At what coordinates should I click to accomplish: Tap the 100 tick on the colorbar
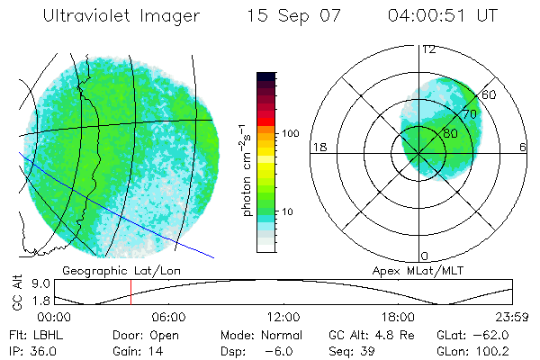tap(290, 133)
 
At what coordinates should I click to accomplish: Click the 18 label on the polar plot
tap(318, 147)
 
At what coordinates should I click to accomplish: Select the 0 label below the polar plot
tap(424, 257)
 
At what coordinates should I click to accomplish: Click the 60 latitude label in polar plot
tap(490, 94)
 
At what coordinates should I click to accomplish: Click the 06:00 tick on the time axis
tap(169, 318)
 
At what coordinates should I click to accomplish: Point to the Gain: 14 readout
tap(136, 350)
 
